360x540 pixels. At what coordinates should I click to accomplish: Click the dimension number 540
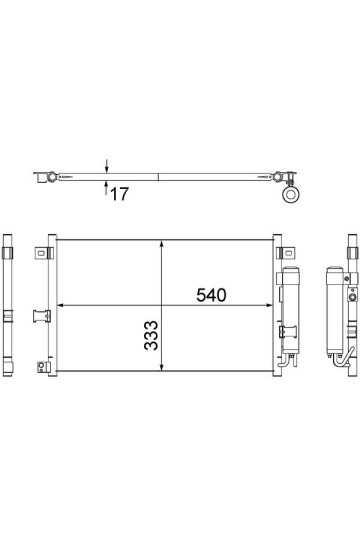[211, 297]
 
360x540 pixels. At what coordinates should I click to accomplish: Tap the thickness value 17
[118, 194]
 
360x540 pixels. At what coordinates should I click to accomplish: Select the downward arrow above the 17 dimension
[105, 171]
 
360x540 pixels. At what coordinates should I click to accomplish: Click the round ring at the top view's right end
[292, 196]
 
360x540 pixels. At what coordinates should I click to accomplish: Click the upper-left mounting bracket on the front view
[44, 251]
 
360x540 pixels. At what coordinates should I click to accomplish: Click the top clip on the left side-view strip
[8, 246]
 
